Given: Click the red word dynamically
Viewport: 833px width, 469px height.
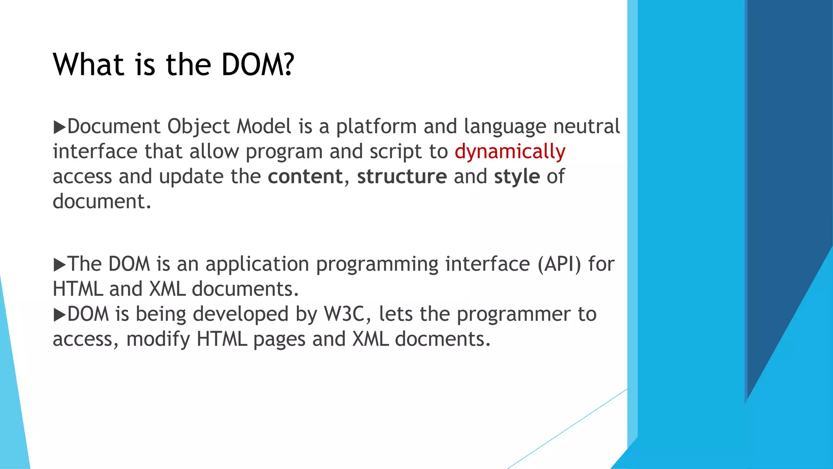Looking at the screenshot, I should click(x=510, y=152).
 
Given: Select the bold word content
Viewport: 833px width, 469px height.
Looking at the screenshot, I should click(x=305, y=177).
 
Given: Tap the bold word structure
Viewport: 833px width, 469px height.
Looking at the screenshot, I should click(x=402, y=177).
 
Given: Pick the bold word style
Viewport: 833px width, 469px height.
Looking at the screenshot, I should click(x=517, y=177).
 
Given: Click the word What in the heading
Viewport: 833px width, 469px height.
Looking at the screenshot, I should click(x=89, y=65).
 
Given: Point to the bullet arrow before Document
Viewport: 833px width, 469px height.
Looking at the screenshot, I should click(x=59, y=127).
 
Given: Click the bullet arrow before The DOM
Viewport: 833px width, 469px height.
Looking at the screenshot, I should click(x=59, y=265).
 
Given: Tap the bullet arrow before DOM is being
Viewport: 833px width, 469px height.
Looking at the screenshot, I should click(x=59, y=315).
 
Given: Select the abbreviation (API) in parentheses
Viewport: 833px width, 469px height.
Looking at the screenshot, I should click(x=559, y=264).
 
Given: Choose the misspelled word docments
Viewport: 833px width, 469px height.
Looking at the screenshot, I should click(x=443, y=339).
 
